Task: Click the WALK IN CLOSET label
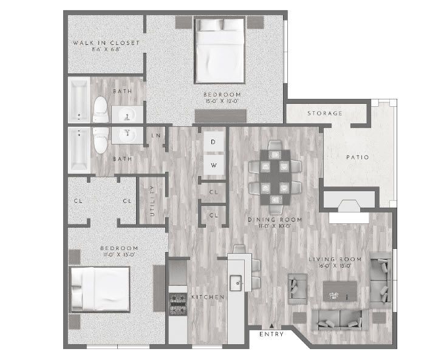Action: click(x=106, y=43)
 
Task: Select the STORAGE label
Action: click(x=324, y=114)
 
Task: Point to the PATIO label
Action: click(x=358, y=157)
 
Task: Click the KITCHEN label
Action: click(x=208, y=297)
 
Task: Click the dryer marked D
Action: click(x=213, y=142)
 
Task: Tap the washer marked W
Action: click(x=213, y=165)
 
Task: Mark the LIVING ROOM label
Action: click(x=332, y=260)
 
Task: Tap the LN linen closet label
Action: click(x=156, y=135)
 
